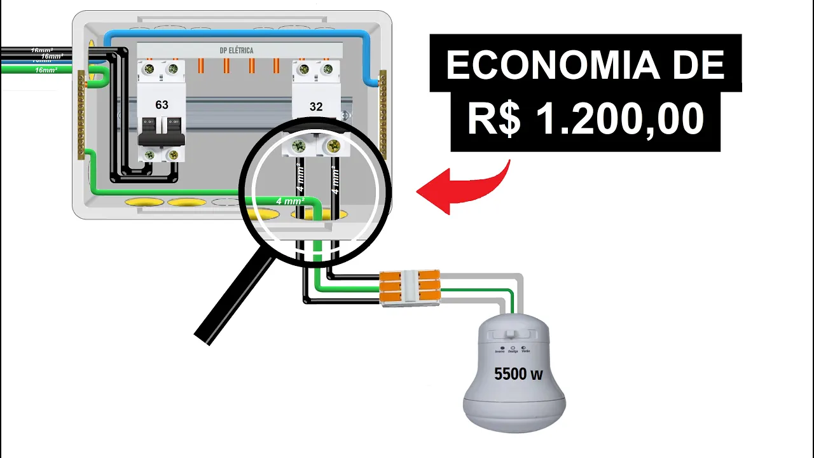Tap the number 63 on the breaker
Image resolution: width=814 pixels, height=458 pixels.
162,104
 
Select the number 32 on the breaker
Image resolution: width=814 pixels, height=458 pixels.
316,106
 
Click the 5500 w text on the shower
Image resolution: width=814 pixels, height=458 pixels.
518,374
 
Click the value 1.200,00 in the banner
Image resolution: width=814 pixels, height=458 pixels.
619,119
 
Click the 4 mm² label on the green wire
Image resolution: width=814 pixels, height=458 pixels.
290,201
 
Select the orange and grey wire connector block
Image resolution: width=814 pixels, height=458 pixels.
410,286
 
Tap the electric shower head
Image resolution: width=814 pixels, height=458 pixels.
514,375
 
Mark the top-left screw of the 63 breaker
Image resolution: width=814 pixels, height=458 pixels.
150,69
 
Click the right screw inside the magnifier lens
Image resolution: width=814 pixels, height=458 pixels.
332,148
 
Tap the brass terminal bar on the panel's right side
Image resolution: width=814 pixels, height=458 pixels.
383,114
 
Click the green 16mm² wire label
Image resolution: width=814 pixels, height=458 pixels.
45,70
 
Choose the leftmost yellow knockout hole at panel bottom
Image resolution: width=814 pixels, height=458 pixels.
144,202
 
